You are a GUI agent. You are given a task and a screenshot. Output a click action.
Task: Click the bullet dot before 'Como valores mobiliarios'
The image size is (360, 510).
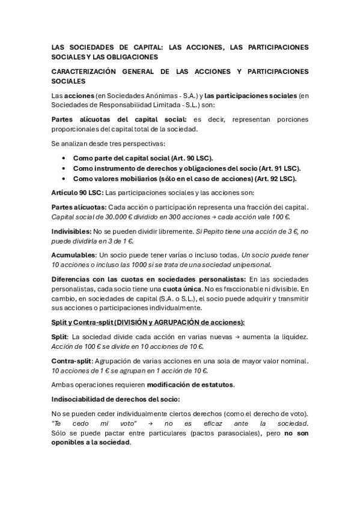(64, 179)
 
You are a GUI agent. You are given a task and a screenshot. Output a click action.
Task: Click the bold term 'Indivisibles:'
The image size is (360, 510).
(73, 230)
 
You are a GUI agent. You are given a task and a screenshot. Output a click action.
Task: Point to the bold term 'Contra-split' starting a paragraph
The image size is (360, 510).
(72, 361)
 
